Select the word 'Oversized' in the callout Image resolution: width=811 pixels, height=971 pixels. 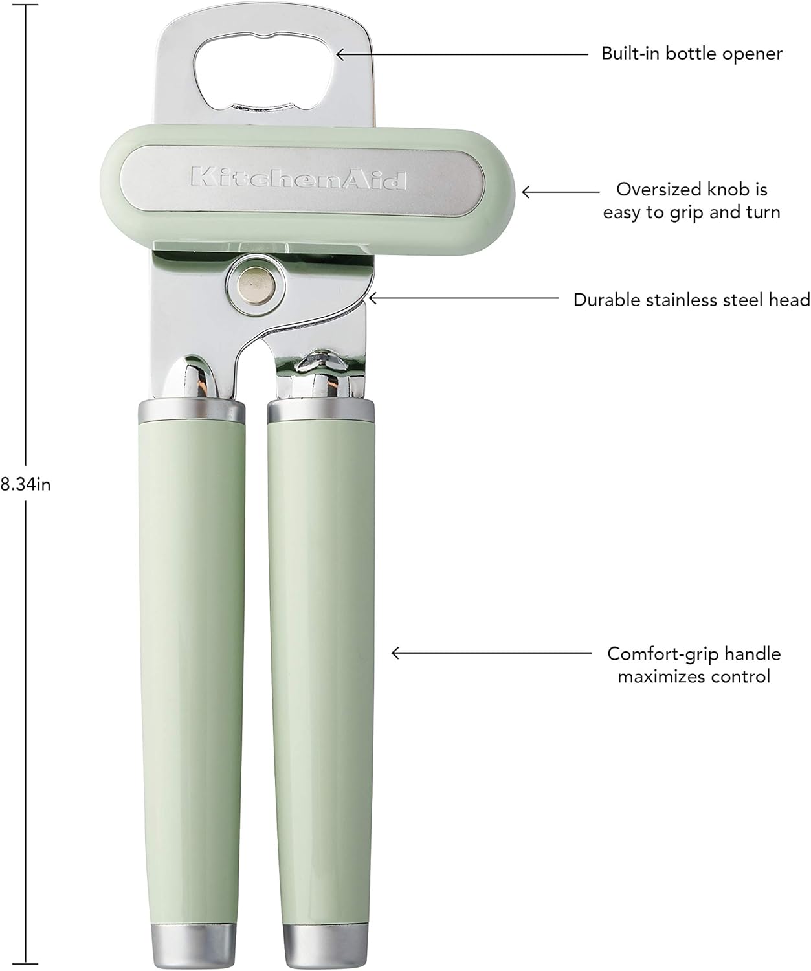(660, 190)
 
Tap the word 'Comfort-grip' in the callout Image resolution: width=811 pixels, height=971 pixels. (661, 654)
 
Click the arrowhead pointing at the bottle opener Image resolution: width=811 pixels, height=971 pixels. (339, 54)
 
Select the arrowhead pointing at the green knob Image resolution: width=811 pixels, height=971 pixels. (526, 192)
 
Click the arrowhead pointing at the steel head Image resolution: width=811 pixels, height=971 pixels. (372, 298)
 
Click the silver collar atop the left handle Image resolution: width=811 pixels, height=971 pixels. (192, 410)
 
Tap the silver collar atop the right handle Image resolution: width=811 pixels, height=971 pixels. (321, 410)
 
